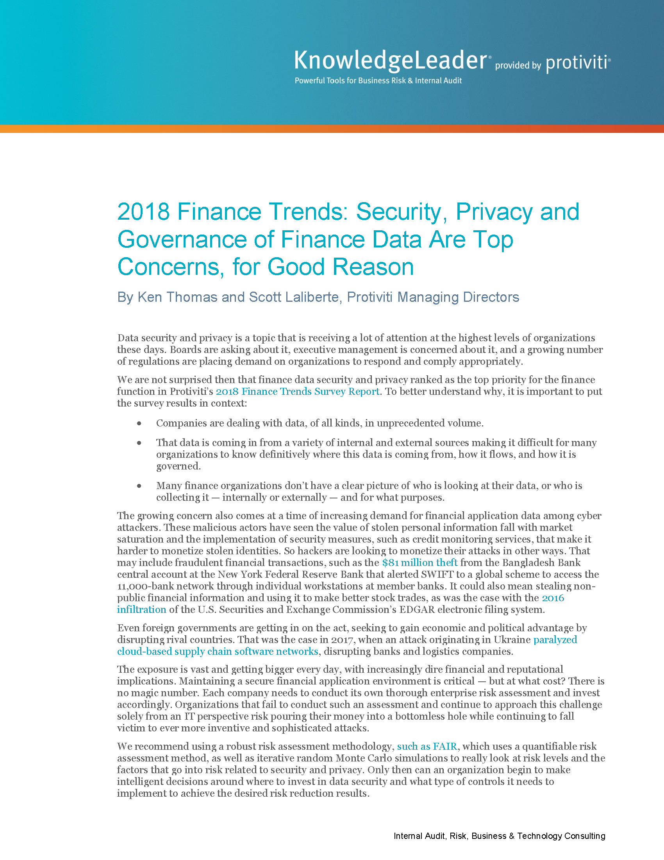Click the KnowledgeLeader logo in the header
[x=391, y=61]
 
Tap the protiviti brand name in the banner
[x=577, y=63]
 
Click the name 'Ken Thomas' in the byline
[x=177, y=297]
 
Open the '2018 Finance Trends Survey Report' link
[x=297, y=391]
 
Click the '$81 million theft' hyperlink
[x=419, y=562]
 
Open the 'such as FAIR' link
[x=427, y=746]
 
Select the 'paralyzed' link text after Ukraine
[x=555, y=640]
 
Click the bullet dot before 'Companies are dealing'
[x=139, y=423]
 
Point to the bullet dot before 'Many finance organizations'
[x=139, y=486]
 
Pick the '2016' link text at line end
[x=553, y=598]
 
